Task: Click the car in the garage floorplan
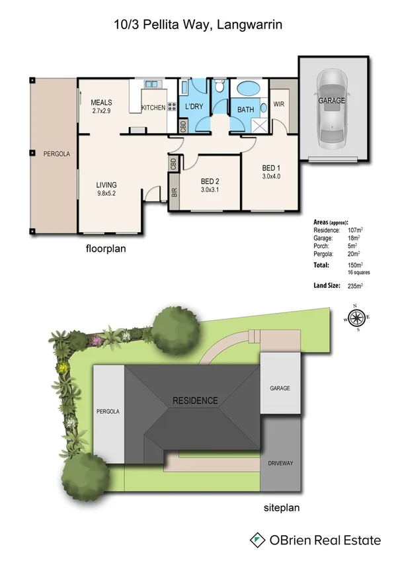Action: [332, 112]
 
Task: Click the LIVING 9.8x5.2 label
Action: [106, 189]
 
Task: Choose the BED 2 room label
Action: [210, 185]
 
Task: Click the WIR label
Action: [278, 104]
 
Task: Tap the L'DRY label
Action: [194, 107]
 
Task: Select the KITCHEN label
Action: [153, 108]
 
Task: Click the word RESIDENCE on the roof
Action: [195, 400]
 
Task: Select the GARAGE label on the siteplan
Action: [279, 388]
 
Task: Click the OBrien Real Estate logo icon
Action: [257, 540]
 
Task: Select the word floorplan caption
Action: [106, 249]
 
